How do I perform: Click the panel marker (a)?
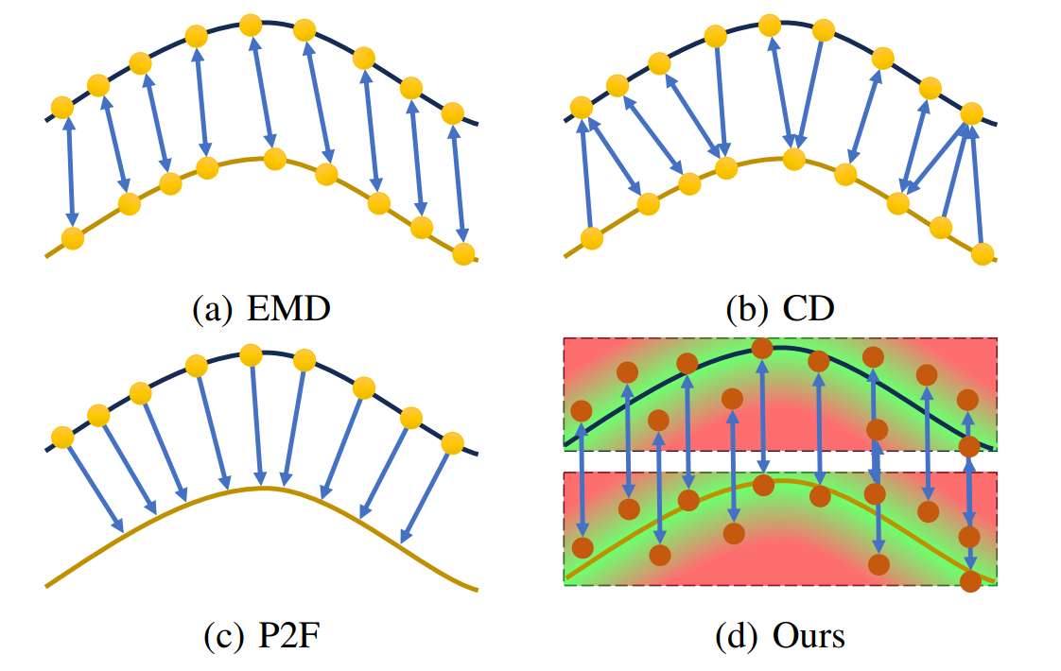211,308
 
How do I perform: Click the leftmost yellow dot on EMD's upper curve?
61,107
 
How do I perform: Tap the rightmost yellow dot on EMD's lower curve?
462,253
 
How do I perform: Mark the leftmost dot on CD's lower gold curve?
591,238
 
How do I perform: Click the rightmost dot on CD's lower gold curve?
983,253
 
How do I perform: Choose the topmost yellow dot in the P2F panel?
251,354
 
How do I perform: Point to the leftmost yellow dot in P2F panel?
61,438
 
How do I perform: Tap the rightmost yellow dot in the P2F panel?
452,442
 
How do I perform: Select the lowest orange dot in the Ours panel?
969,580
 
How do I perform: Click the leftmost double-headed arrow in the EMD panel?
68,172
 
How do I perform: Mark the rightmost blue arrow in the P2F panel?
425,496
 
